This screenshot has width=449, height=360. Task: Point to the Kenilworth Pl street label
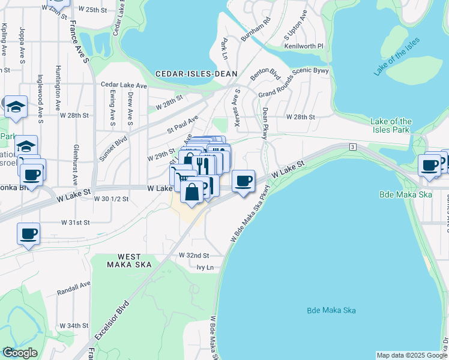click(304, 46)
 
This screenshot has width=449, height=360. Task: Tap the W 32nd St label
click(193, 255)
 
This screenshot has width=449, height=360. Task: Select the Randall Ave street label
click(73, 288)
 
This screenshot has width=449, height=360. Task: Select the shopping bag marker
click(191, 193)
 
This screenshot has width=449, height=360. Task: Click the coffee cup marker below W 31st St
click(28, 234)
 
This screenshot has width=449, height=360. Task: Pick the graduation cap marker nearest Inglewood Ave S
click(16, 107)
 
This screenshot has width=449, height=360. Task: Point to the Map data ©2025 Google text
click(411, 355)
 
